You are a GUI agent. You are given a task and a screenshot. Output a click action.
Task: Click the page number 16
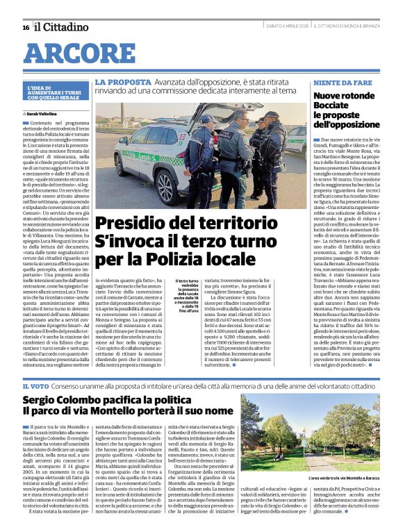pos(26,27)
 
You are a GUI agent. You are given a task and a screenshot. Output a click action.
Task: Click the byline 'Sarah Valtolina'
pos(43,113)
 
